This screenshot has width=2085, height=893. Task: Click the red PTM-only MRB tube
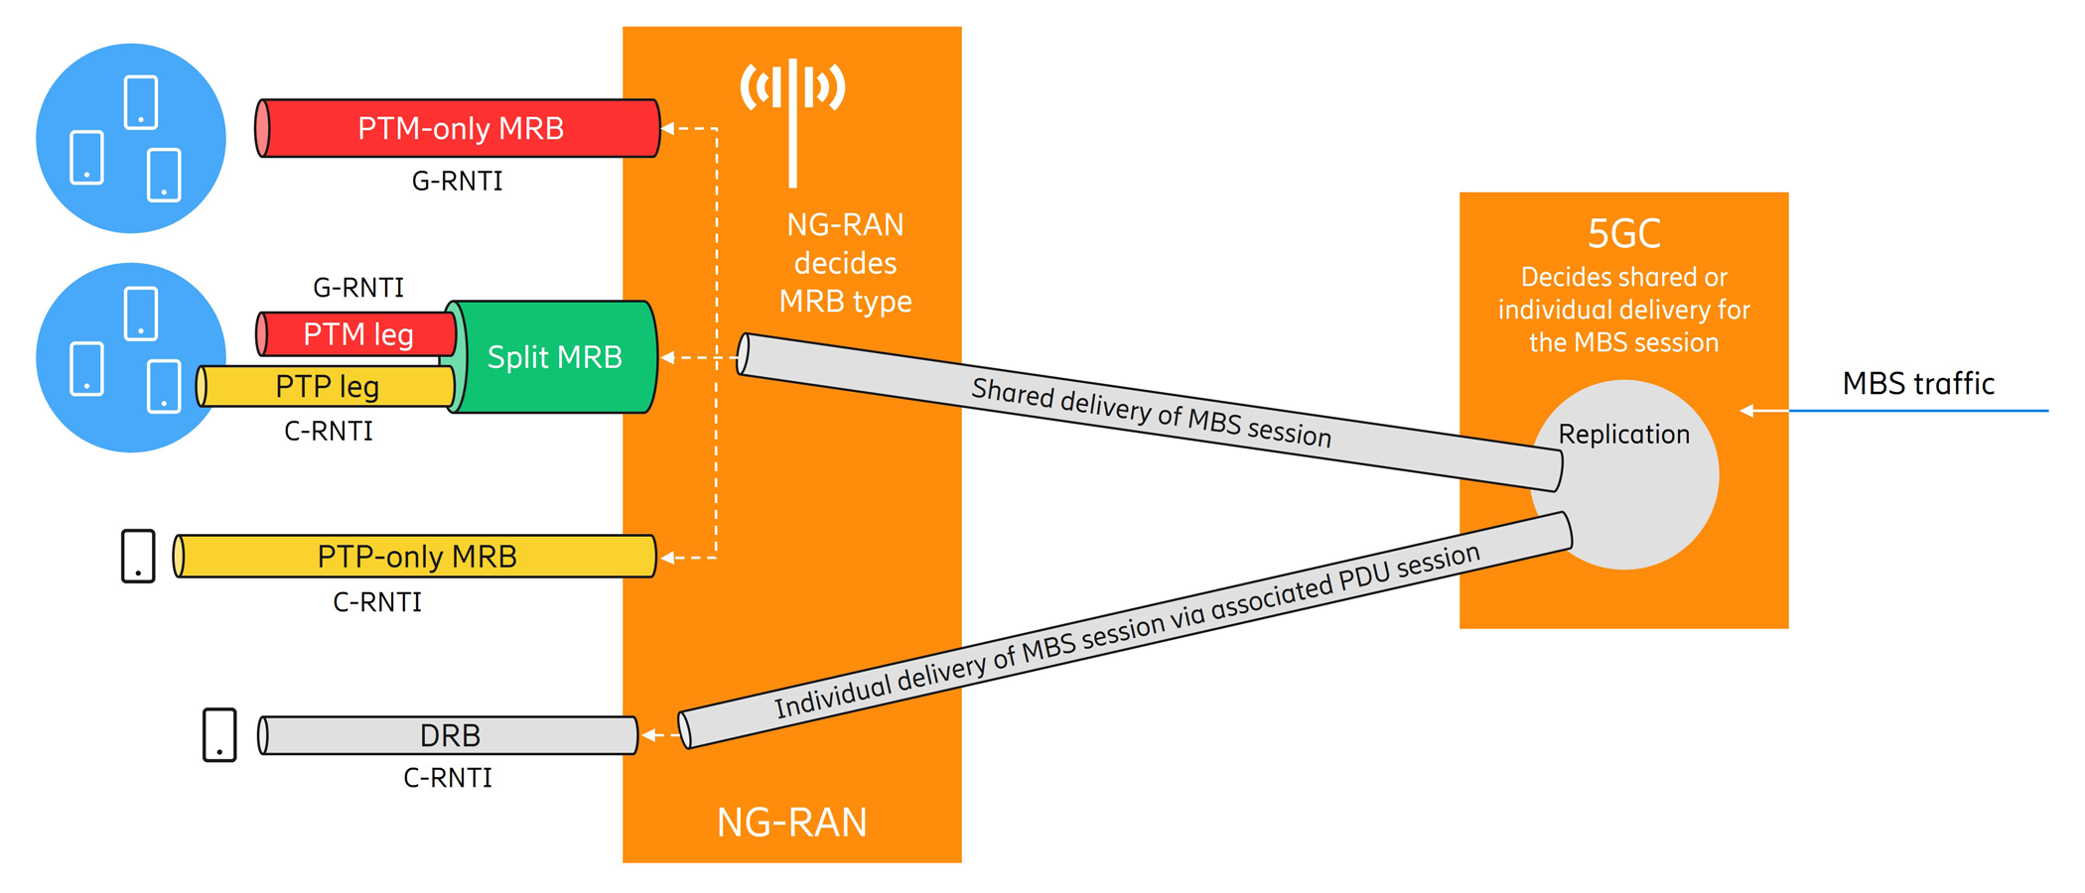pyautogui.click(x=460, y=128)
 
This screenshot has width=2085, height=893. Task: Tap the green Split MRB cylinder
pyautogui.click(x=554, y=357)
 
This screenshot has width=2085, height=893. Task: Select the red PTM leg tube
pyautogui.click(x=357, y=334)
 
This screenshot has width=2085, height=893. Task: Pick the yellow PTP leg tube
pyautogui.click(x=327, y=386)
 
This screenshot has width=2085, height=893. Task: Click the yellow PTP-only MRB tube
pyautogui.click(x=417, y=557)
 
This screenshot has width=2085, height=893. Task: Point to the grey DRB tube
pyautogui.click(x=449, y=735)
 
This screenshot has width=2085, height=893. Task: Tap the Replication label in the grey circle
pyautogui.click(x=1623, y=435)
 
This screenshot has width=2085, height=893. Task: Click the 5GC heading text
pyautogui.click(x=1623, y=234)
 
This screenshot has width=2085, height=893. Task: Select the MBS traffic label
pyautogui.click(x=1917, y=384)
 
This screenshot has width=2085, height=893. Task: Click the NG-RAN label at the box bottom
pyautogui.click(x=791, y=823)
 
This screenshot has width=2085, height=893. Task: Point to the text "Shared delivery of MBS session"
pyautogui.click(x=1151, y=413)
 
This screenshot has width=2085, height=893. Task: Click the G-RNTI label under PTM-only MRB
pyautogui.click(x=457, y=182)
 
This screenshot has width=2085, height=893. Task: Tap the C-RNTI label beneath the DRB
pyautogui.click(x=447, y=778)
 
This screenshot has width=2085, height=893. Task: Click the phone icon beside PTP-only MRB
pyautogui.click(x=138, y=556)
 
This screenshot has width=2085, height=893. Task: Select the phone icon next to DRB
pyautogui.click(x=219, y=735)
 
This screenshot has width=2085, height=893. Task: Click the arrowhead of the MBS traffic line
pyautogui.click(x=1746, y=411)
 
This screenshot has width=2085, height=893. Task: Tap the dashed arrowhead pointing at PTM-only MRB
pyautogui.click(x=667, y=128)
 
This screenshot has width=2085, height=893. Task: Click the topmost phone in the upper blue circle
pyautogui.click(x=141, y=102)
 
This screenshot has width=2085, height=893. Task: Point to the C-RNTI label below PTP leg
pyautogui.click(x=329, y=432)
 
